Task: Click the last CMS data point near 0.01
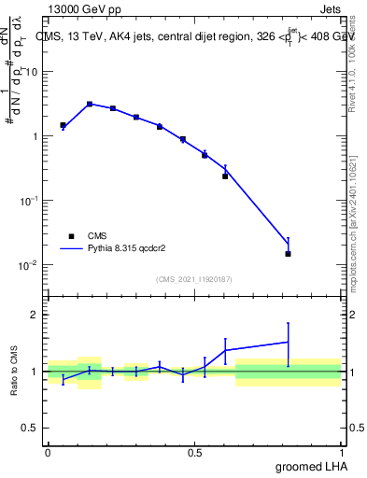click(289, 254)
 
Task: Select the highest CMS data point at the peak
click(89, 105)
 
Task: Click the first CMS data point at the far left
click(63, 125)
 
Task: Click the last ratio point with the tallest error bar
click(289, 342)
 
